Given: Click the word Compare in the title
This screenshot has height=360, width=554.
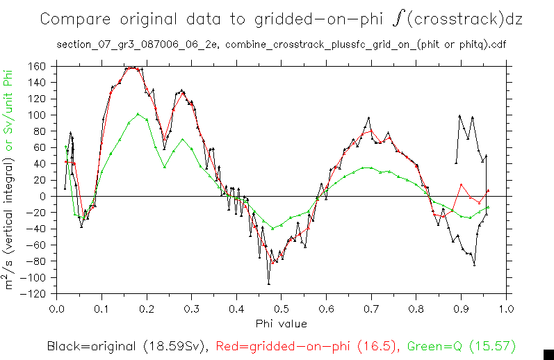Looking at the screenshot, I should click(x=70, y=19).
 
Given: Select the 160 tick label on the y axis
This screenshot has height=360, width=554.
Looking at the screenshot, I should click(x=36, y=67).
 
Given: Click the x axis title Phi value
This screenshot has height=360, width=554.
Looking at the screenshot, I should click(x=281, y=323).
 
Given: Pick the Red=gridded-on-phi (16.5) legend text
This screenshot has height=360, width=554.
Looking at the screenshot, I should click(x=307, y=345).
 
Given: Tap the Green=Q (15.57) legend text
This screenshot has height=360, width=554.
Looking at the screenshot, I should click(x=462, y=345).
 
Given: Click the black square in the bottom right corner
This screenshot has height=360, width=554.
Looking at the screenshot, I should click(x=548, y=354).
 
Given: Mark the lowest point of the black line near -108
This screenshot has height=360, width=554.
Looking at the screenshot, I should click(x=269, y=284).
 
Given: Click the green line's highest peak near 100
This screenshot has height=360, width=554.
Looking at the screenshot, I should click(x=138, y=114).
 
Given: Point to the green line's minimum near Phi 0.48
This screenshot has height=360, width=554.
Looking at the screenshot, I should click(x=272, y=228).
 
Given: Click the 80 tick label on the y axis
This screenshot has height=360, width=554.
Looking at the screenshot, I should click(x=39, y=131).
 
